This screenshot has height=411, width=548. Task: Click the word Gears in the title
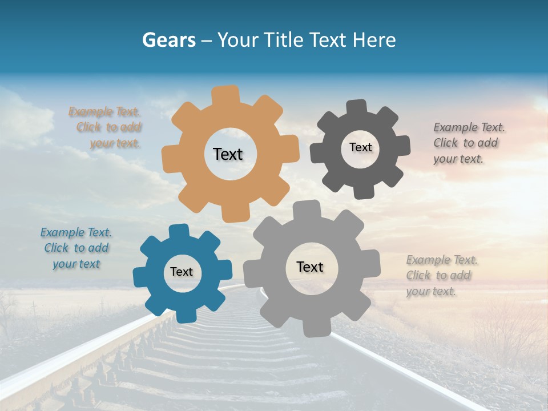(168, 40)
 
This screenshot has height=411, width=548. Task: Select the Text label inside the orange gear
(228, 154)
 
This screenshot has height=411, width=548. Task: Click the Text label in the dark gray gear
(360, 147)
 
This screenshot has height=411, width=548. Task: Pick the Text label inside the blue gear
(182, 272)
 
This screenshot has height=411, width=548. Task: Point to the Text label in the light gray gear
(310, 267)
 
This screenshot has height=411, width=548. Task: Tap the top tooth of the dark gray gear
(357, 108)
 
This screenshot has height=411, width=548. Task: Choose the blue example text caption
(76, 248)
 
